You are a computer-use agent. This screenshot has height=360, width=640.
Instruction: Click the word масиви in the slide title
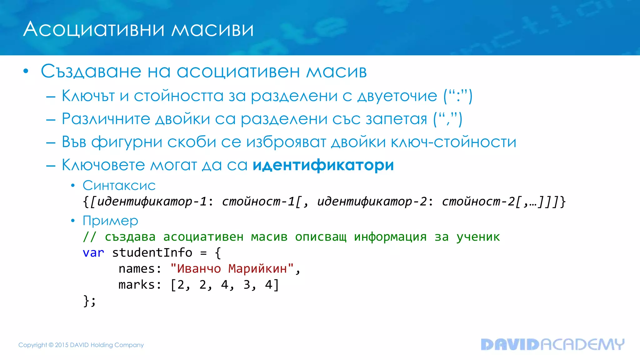(212, 30)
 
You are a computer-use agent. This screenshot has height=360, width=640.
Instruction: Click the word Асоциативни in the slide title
(94, 30)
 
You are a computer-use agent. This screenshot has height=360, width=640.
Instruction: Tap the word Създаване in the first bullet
(91, 71)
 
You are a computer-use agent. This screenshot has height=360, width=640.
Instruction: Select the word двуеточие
(397, 96)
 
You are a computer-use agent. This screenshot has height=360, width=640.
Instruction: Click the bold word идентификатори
(323, 165)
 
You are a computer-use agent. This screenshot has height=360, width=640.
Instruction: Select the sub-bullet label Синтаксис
(119, 186)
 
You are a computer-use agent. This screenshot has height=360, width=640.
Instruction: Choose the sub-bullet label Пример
(110, 221)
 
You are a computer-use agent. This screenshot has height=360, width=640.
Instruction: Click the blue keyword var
(93, 253)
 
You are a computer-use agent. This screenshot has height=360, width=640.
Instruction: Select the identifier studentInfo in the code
(152, 253)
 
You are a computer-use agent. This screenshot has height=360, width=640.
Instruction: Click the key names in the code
(137, 269)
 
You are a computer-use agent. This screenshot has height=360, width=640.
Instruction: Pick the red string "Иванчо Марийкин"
(232, 269)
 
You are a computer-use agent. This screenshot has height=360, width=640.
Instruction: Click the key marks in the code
(137, 285)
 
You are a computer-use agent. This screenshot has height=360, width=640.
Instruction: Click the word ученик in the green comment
(478, 237)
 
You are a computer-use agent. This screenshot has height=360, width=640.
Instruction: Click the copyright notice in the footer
(81, 345)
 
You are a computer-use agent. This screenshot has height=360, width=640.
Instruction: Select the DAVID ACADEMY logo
(552, 344)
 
